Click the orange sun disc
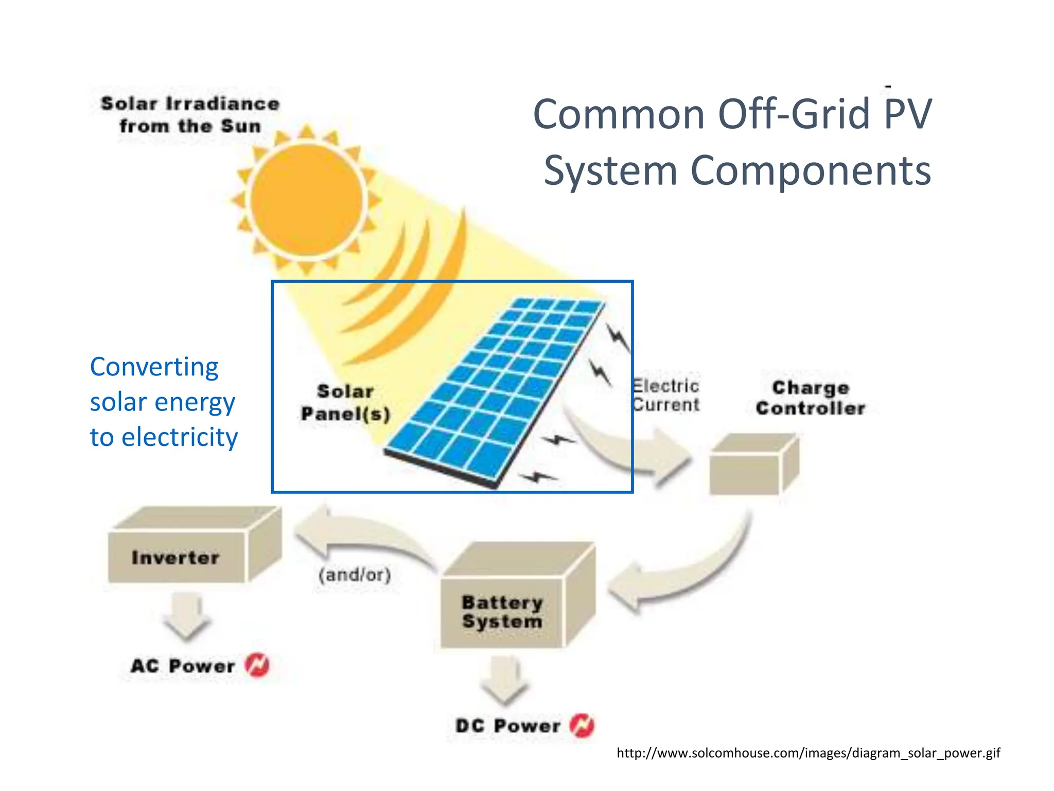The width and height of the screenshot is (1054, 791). (307, 200)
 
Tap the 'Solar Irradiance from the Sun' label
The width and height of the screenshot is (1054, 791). (190, 115)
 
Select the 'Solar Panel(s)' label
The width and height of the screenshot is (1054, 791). (345, 403)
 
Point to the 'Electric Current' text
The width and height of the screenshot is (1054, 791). (665, 395)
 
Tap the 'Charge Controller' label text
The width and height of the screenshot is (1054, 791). (811, 398)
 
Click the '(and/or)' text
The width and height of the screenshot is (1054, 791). (355, 574)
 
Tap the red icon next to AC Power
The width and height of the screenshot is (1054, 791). (257, 665)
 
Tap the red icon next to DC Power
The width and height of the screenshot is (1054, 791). (582, 726)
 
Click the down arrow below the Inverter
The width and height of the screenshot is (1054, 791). (186, 615)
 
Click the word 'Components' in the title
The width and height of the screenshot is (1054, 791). (810, 171)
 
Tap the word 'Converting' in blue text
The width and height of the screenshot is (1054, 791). (154, 368)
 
